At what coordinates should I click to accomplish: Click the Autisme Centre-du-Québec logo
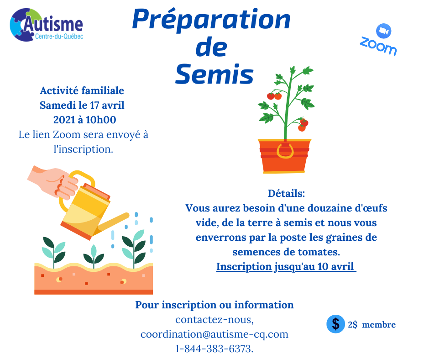pyautogui.click(x=46, y=25)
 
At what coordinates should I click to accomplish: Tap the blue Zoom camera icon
pyautogui.click(x=383, y=31)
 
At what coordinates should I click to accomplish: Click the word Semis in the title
pyautogui.click(x=214, y=74)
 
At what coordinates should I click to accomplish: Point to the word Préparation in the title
pyautogui.click(x=211, y=20)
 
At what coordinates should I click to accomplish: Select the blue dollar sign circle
pyautogui.click(x=335, y=324)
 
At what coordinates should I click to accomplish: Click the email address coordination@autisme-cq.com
pyautogui.click(x=214, y=334)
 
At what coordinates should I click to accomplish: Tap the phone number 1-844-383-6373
pyautogui.click(x=214, y=349)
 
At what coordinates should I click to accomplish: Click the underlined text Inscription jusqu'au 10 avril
pyautogui.click(x=286, y=267)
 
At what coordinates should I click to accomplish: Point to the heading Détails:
pyautogui.click(x=286, y=193)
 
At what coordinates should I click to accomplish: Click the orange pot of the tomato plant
pyautogui.click(x=284, y=156)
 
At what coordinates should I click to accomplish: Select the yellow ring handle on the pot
pyautogui.click(x=285, y=152)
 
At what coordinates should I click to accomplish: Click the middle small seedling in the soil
pyautogui.click(x=94, y=256)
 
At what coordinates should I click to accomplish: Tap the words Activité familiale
pyautogui.click(x=82, y=90)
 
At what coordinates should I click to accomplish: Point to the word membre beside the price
pyautogui.click(x=379, y=325)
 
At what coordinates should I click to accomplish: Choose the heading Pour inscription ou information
pyautogui.click(x=214, y=305)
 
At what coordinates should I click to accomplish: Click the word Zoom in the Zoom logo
pyautogui.click(x=378, y=46)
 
